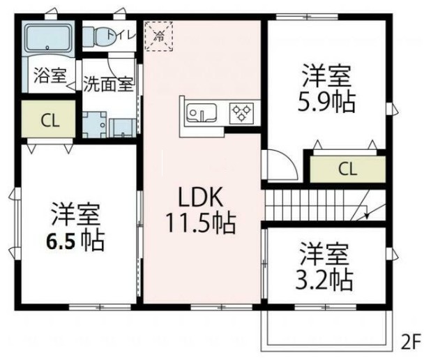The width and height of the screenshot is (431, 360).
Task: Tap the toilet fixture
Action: click(x=102, y=36)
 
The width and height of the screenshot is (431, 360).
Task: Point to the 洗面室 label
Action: click(x=108, y=84)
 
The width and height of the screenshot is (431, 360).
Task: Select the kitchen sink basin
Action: click(x=203, y=113)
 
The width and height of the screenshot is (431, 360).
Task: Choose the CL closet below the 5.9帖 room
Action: click(x=347, y=168)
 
